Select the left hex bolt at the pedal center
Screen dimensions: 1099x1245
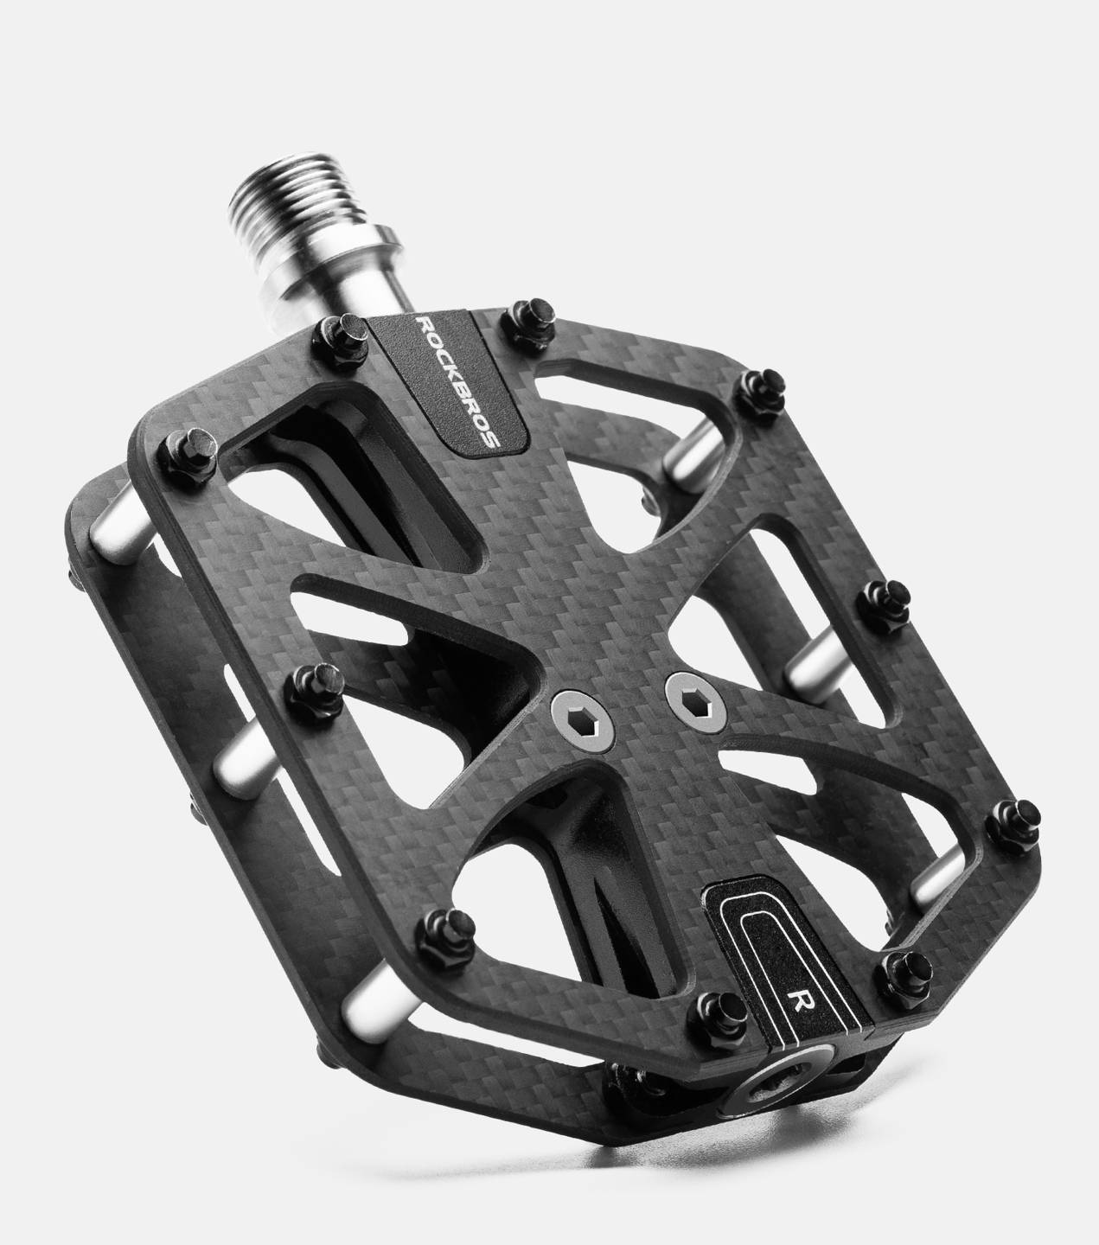(x=581, y=720)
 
